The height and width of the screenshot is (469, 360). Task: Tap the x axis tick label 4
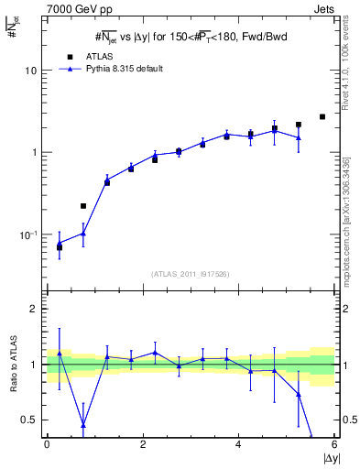[238, 444]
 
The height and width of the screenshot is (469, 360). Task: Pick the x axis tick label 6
[333, 444]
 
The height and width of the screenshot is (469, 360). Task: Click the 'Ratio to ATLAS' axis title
[13, 365]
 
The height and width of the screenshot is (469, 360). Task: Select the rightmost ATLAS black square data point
[322, 116]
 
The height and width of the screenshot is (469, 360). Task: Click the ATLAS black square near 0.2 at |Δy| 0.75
[83, 206]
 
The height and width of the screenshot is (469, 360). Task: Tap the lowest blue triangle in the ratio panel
[83, 425]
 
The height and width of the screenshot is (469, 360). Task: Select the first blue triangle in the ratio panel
[60, 353]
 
